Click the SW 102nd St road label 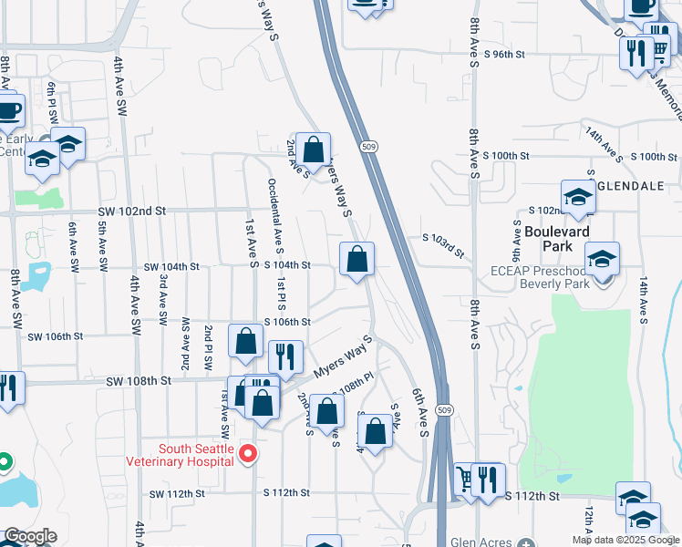(131, 211)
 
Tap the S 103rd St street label (443, 244)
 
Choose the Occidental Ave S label (275, 216)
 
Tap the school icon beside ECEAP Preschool (602, 259)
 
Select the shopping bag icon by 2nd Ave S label (313, 150)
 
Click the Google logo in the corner (30, 536)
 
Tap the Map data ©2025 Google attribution (625, 540)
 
